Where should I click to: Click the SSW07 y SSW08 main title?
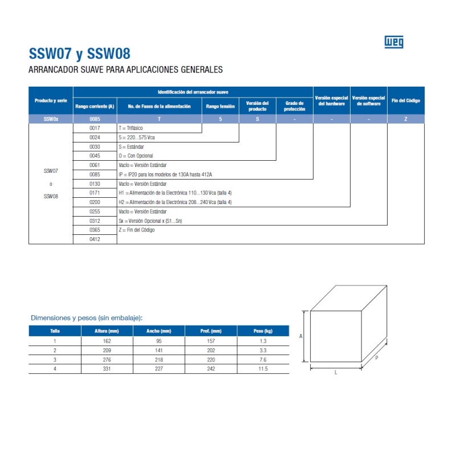[x=80, y=54]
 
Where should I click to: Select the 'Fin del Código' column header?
[x=405, y=101]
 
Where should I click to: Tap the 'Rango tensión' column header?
[x=221, y=107]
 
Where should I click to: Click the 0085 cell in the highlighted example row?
[x=95, y=119]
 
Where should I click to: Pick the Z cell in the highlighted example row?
[x=405, y=119]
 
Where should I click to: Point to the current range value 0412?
[x=95, y=239]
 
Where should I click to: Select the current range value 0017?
[x=95, y=128]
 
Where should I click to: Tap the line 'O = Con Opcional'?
[x=136, y=156]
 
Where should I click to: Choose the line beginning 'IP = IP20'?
[x=169, y=174]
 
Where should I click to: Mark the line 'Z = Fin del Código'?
[x=137, y=230]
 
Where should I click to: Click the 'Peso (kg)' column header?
[x=263, y=331]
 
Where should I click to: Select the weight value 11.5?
[x=263, y=369]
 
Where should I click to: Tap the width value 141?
[x=158, y=350]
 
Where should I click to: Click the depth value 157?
[x=211, y=341]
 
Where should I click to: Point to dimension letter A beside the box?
[x=301, y=336]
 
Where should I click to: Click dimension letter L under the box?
[x=336, y=373]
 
